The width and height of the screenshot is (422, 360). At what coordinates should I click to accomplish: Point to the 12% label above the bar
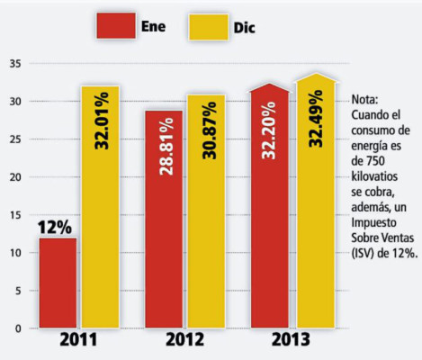(x=56, y=226)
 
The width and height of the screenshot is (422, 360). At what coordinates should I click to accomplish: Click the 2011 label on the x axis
(x=78, y=342)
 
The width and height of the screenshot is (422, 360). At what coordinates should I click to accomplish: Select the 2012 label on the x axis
(x=185, y=342)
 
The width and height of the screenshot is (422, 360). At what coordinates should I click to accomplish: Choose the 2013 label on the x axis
(x=291, y=342)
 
